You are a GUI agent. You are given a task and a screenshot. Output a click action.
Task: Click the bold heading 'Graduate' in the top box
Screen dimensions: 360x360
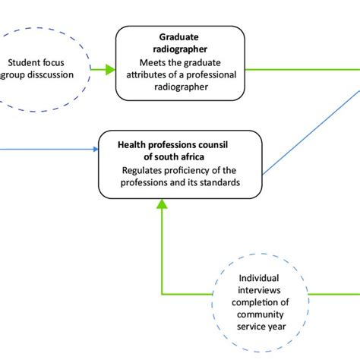tap(180, 36)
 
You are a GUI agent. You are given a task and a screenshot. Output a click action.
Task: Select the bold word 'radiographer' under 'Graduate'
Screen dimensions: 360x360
tap(180, 50)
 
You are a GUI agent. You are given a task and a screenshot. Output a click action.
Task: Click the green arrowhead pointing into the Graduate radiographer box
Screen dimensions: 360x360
tap(110, 70)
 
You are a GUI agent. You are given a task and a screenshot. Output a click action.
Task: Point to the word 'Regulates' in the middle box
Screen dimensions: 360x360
tap(144, 169)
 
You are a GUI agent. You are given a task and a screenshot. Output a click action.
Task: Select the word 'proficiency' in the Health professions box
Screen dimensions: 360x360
tap(190, 169)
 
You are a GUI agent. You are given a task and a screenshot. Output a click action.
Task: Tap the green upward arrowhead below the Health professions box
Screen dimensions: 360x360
tap(161, 203)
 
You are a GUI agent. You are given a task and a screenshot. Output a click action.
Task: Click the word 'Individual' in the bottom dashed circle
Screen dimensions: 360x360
tap(263, 279)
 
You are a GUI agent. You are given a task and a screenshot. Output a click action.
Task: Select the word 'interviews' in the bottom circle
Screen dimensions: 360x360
tap(263, 291)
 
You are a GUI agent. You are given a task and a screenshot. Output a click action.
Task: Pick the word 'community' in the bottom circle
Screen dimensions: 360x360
tap(263, 315)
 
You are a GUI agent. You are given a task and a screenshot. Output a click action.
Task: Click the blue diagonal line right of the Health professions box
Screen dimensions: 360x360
tap(311, 133)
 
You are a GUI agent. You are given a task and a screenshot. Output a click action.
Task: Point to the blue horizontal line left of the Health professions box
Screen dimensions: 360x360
tap(46, 148)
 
